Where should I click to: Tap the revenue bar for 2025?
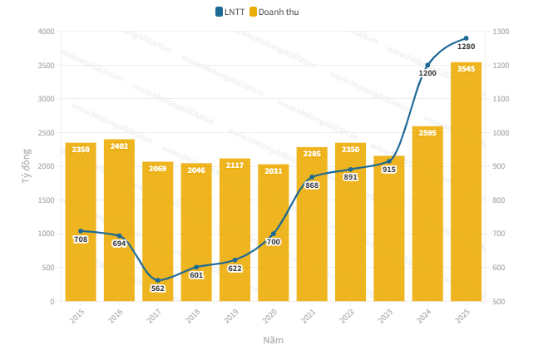pyautogui.click(x=466, y=183)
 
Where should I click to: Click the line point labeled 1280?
pyautogui.click(x=466, y=38)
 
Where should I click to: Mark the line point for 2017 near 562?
pyautogui.click(x=158, y=280)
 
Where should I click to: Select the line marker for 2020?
pyautogui.click(x=274, y=234)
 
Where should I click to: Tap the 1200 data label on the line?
pyautogui.click(x=427, y=73)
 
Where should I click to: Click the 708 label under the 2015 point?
pyautogui.click(x=81, y=239)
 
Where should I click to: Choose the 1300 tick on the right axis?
pyautogui.click(x=501, y=32)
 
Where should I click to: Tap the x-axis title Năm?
pyautogui.click(x=273, y=340)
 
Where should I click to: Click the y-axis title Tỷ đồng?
pyautogui.click(x=26, y=166)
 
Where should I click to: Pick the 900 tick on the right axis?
pyautogui.click(x=500, y=166)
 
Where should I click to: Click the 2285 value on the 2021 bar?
pyautogui.click(x=312, y=153)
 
